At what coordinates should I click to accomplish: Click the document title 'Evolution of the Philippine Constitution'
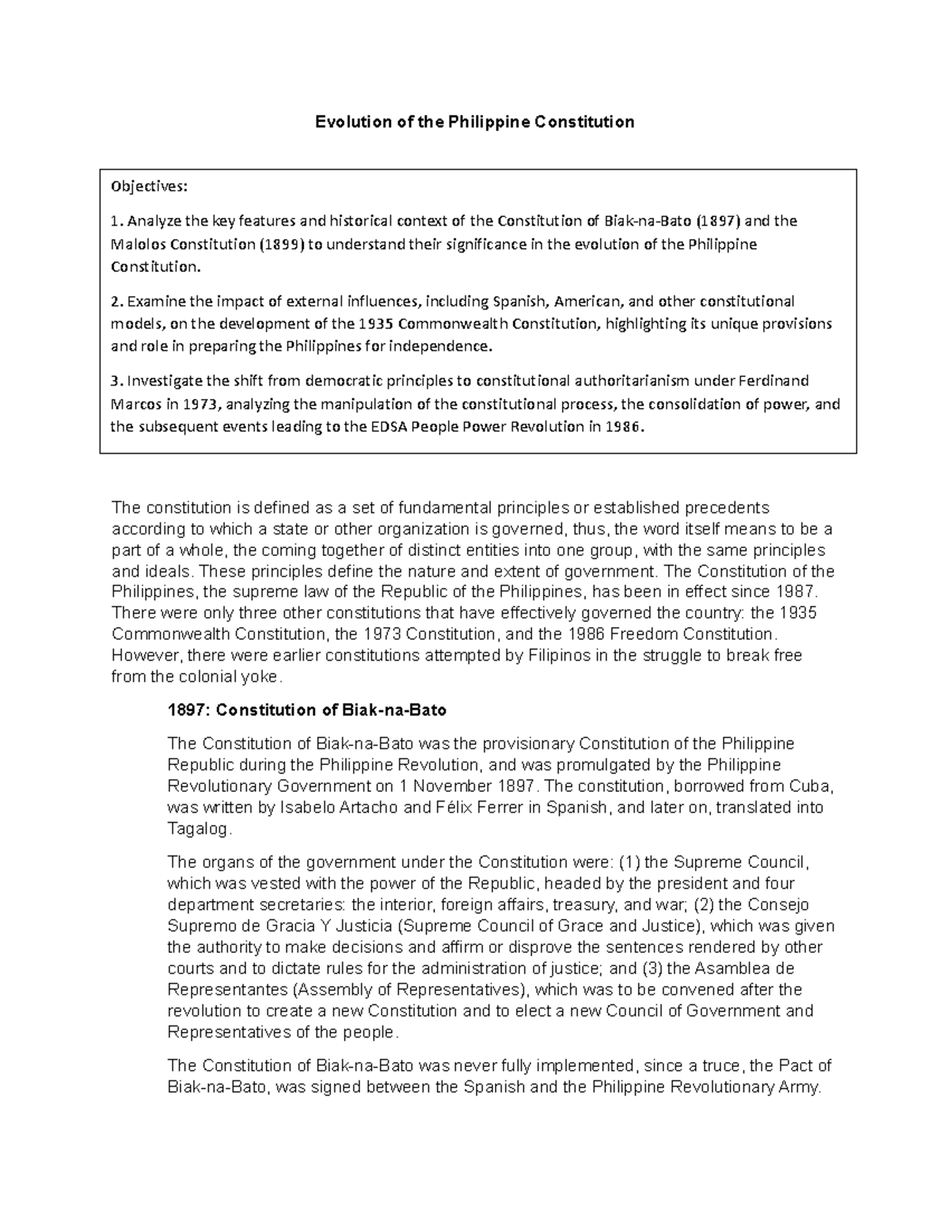475,122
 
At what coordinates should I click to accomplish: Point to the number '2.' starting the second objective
116,301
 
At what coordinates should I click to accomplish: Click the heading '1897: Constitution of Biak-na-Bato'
306,710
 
